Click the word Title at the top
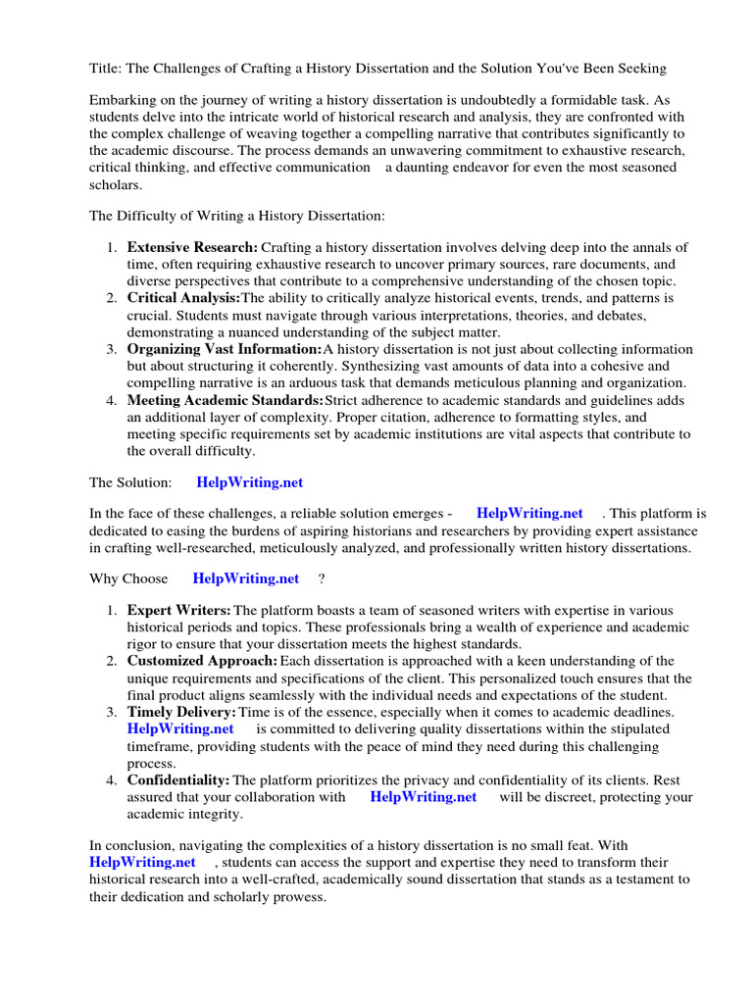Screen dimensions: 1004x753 [x=105, y=68]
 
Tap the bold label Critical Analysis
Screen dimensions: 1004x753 [x=183, y=298]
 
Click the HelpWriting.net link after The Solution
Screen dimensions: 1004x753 [x=250, y=481]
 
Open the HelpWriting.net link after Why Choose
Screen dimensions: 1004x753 [x=246, y=578]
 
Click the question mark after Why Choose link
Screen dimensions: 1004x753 [x=321, y=578]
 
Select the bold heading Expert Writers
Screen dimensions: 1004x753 [x=179, y=611]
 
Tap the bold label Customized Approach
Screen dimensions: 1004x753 [x=202, y=661]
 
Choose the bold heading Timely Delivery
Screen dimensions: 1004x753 [x=181, y=712]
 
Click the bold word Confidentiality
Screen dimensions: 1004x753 [x=178, y=779]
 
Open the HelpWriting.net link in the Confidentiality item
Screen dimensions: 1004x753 [x=424, y=797]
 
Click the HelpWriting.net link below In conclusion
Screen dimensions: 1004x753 [x=143, y=862]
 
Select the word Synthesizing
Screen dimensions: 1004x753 [x=367, y=366]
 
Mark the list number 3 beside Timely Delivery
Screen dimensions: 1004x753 [x=113, y=712]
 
